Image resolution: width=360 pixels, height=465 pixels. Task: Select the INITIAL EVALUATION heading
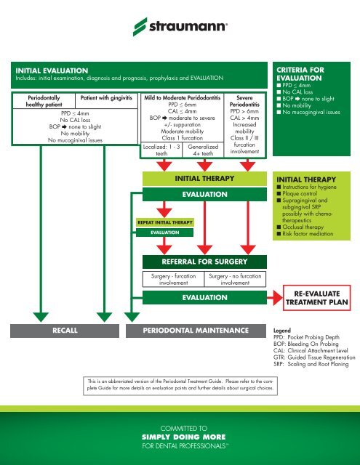click(47, 68)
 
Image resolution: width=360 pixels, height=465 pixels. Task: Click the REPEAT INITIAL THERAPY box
click(161, 222)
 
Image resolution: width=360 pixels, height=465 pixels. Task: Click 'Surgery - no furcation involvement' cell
click(235, 279)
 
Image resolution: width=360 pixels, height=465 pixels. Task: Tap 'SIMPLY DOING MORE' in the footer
click(180, 438)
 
